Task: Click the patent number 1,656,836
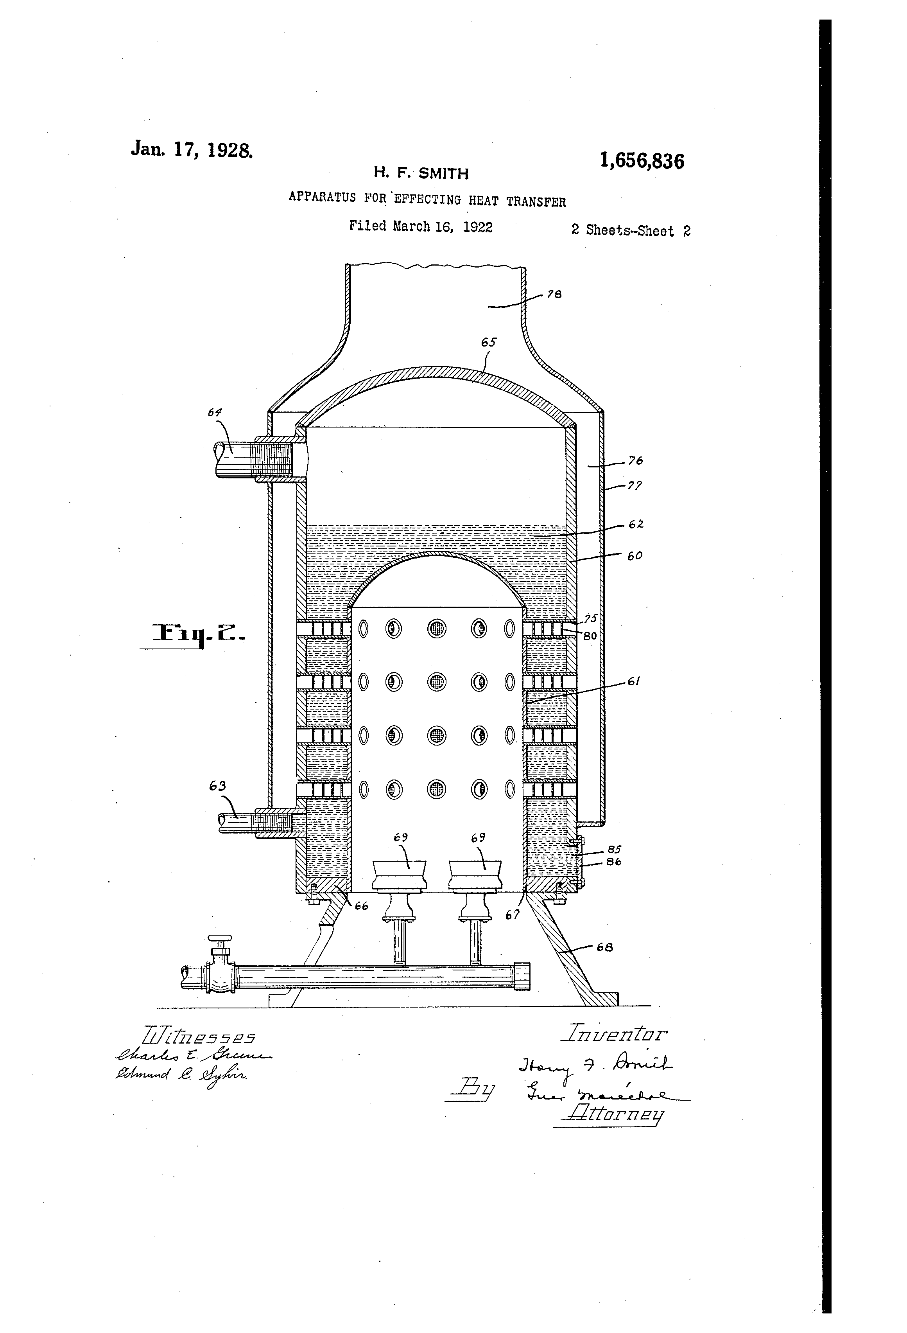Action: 642,161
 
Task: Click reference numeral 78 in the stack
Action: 554,294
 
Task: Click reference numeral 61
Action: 633,681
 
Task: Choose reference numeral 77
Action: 635,485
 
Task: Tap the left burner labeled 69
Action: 400,876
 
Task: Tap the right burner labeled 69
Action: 475,876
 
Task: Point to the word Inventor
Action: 616,1034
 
